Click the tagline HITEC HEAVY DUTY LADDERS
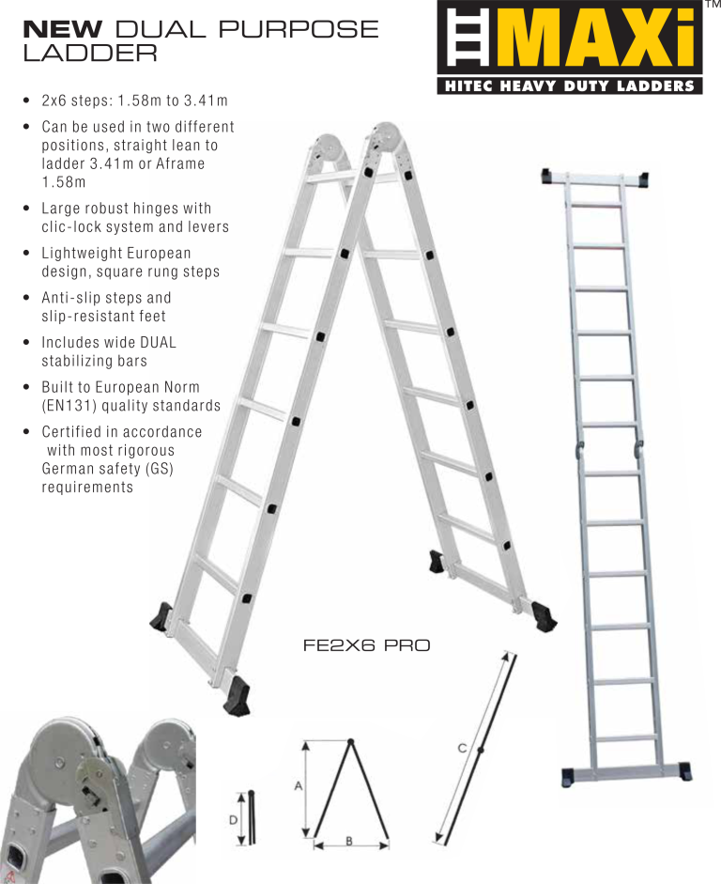[x=569, y=86]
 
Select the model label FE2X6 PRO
[x=366, y=646]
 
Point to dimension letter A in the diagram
[x=299, y=785]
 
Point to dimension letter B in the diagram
[x=349, y=841]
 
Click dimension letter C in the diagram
[x=462, y=748]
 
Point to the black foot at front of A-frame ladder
[x=237, y=697]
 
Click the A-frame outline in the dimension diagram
[x=349, y=789]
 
